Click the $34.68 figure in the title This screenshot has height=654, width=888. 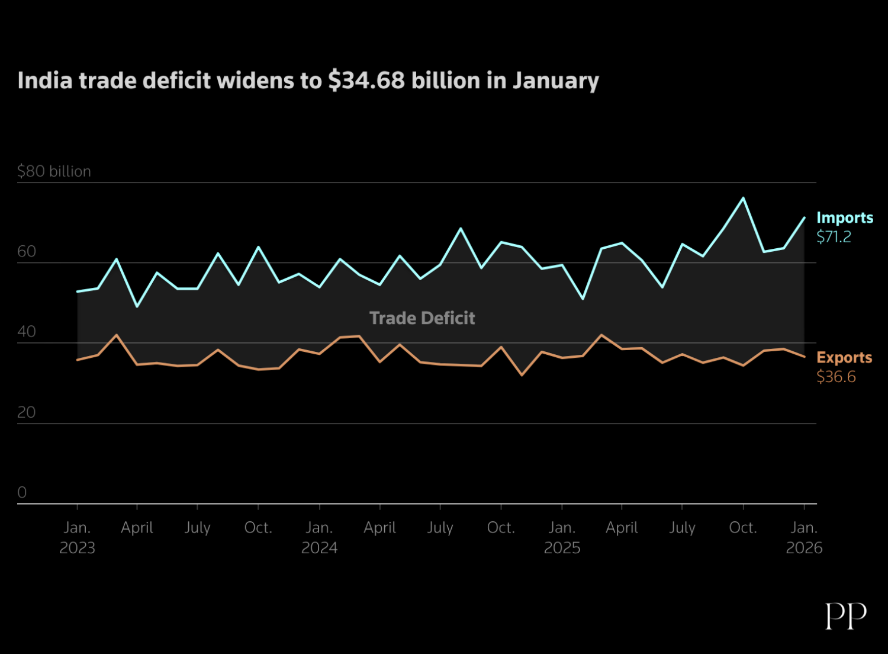(366, 81)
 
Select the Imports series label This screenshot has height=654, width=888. (845, 218)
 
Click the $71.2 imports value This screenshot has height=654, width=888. (834, 237)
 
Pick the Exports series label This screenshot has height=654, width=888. (844, 358)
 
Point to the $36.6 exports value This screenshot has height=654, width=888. (836, 377)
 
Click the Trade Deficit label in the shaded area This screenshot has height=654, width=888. (422, 318)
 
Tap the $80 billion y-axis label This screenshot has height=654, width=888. (54, 171)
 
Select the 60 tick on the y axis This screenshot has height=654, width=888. (27, 252)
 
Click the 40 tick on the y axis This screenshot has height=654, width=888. (27, 332)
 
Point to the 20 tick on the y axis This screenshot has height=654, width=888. (27, 412)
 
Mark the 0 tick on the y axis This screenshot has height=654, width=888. (22, 492)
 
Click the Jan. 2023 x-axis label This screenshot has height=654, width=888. (77, 537)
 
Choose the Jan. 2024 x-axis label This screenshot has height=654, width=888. (319, 537)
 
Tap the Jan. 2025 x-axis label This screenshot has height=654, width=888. (562, 537)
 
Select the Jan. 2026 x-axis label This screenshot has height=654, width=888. (804, 537)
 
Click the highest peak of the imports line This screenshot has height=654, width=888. (744, 198)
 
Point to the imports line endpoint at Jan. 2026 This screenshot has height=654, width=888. (804, 217)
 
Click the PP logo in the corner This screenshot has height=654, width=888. (846, 616)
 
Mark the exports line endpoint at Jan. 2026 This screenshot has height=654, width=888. (804, 357)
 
